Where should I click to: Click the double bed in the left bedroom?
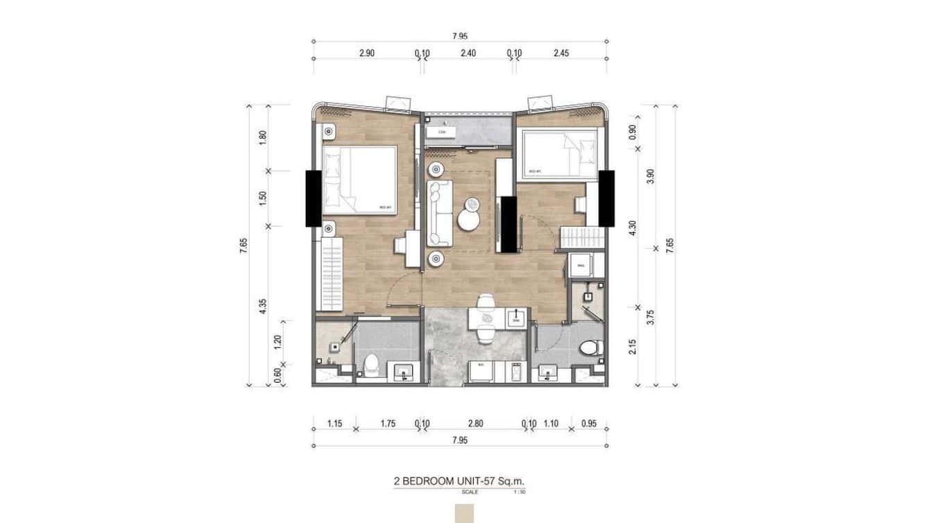pos(359,179)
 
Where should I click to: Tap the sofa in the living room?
pos(439,214)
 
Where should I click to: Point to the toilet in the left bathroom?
pos(371,363)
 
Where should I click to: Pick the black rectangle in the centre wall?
pos(509,225)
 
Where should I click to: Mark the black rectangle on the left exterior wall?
pos(313,198)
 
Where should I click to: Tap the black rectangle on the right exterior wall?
pos(607,198)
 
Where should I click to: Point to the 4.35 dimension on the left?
pos(262,306)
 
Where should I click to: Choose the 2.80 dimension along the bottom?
pos(475,424)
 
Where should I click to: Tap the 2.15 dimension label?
pos(631,345)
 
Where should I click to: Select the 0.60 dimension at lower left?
pos(277,375)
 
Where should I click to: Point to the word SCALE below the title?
pos(470,492)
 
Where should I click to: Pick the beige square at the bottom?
pos(463,514)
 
